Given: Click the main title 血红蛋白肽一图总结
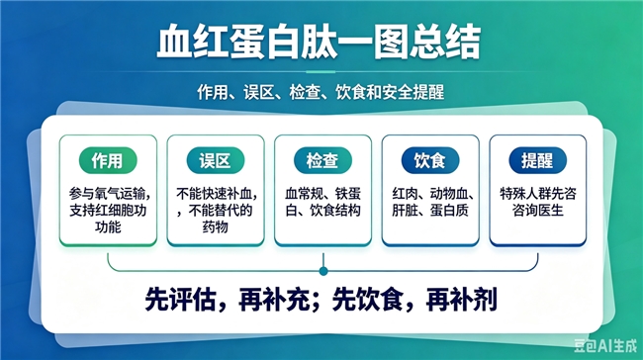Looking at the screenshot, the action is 319,42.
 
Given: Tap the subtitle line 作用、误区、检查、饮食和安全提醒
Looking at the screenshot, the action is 321,92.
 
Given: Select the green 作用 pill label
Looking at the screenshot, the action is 108,160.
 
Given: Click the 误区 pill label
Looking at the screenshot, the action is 216,160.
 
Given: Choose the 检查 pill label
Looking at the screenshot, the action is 322,160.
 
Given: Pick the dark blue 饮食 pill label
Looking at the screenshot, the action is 430,160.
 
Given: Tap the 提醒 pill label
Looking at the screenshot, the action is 537,160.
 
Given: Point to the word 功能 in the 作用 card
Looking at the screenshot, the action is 108,226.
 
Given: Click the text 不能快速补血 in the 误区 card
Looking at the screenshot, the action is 214,194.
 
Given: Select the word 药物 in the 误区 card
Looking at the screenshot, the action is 216,226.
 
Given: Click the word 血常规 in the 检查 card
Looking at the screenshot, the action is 304,194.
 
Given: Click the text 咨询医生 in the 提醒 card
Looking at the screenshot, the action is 537,211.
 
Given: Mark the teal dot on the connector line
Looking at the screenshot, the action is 323,271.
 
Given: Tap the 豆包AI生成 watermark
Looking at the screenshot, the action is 605,346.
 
